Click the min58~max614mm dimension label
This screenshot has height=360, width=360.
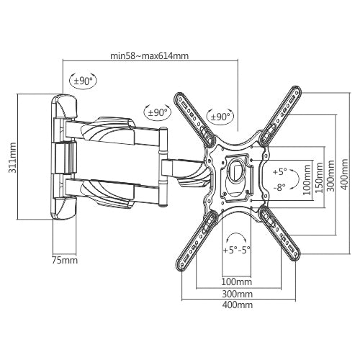pos(149,56)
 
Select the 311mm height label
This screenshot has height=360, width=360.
pos(12,158)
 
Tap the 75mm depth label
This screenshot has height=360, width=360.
pos(65,260)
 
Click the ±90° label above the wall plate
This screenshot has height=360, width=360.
pos(83,81)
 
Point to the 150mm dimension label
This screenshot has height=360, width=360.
pos(319,177)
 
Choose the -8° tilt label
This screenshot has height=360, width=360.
pos(279,186)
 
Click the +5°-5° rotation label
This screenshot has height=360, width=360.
pos(237,250)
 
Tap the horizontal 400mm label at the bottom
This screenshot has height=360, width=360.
pos(238,305)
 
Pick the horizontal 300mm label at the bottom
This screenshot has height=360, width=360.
pos(238,294)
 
